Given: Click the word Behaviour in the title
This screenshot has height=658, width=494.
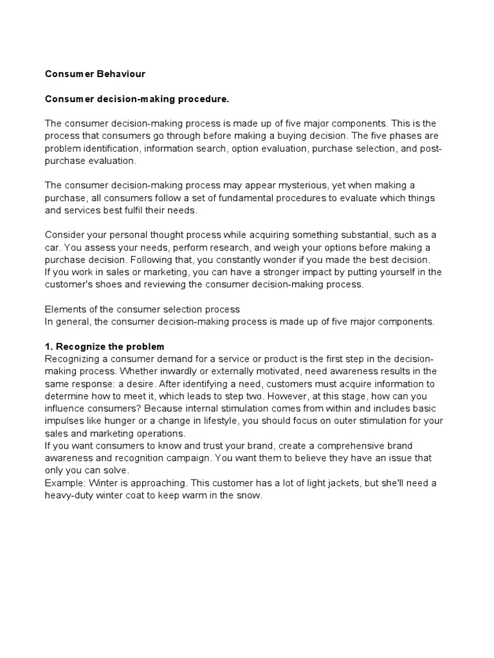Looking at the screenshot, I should pos(123,74).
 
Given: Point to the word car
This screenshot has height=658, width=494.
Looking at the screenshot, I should pos(53,247).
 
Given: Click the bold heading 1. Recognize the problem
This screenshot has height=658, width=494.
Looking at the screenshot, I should pos(105,346).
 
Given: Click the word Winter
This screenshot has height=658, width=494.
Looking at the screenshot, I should pos(98,483).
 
